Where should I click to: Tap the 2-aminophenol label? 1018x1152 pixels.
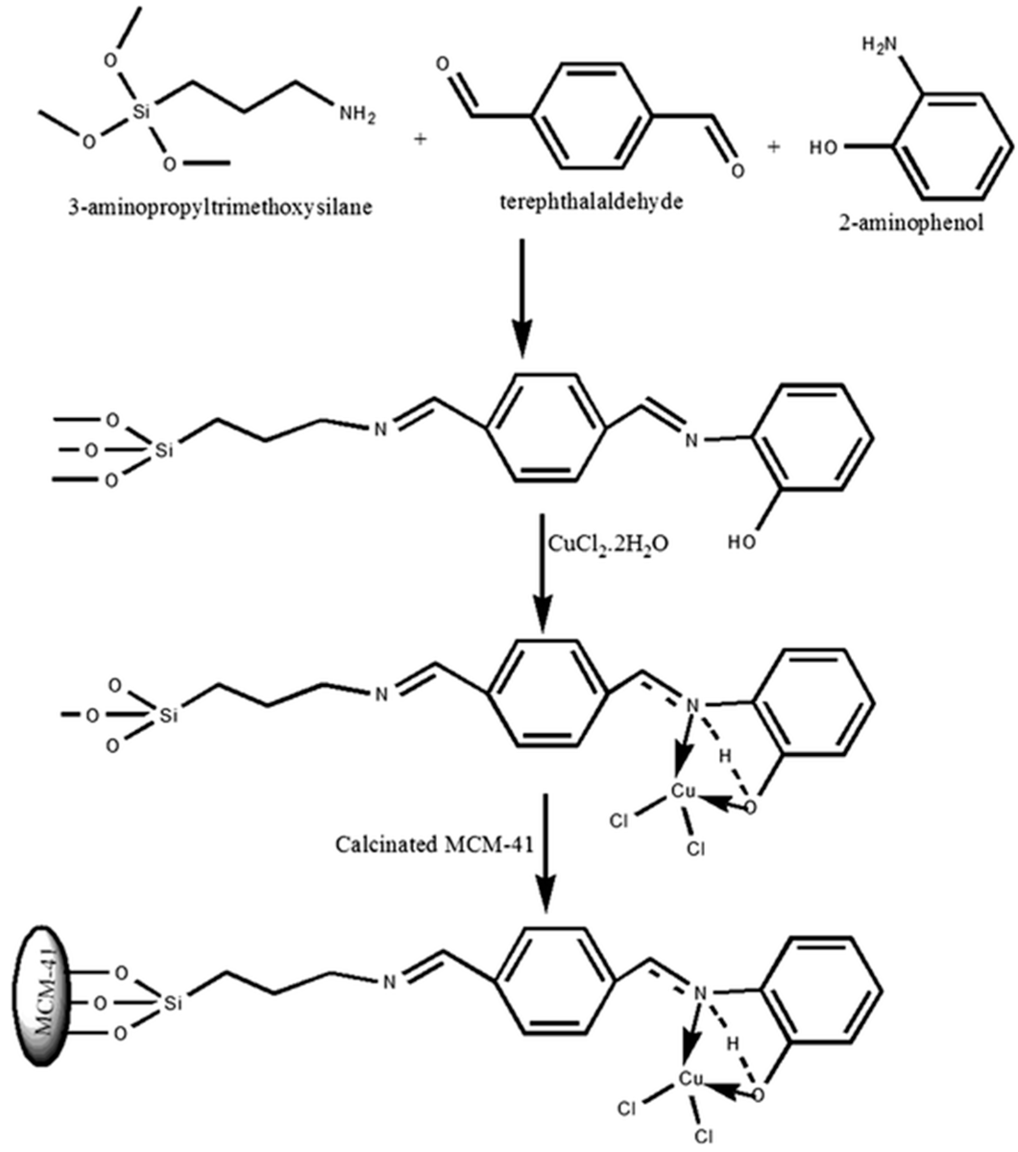[911, 224]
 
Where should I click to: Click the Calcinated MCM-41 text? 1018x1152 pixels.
[435, 844]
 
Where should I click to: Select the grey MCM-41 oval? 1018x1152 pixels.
[46, 1003]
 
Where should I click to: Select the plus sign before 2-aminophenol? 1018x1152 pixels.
[774, 147]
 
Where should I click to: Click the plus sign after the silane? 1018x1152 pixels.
[419, 139]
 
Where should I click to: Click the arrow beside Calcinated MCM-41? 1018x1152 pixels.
[545, 851]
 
